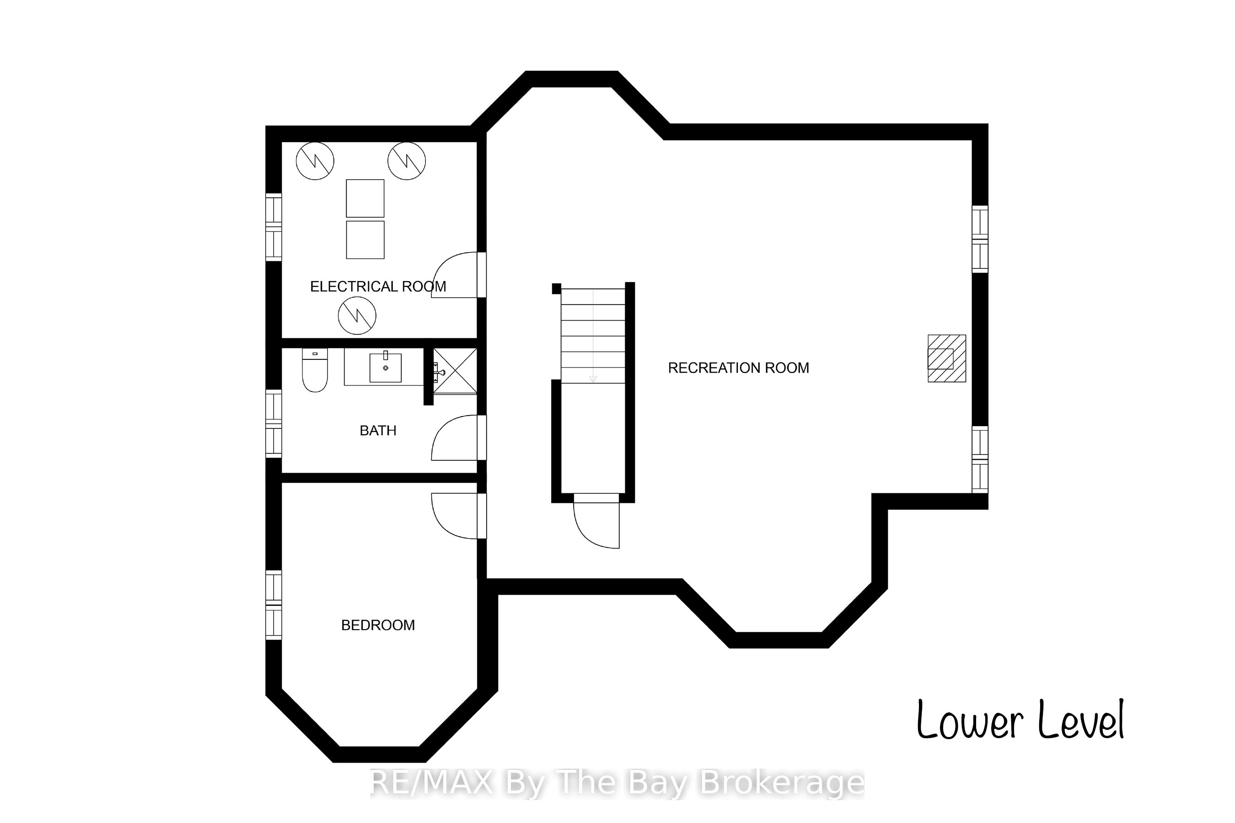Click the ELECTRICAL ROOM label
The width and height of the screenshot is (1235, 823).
[x=378, y=287]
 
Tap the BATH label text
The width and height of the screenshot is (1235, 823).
[x=378, y=431]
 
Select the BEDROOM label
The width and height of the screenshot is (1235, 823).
[x=378, y=625]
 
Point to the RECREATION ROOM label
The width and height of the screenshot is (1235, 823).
[x=738, y=368]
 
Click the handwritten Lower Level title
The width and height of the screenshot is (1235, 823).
[x=1020, y=720]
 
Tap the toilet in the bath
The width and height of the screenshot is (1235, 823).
[x=315, y=370]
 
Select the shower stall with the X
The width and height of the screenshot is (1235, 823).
[x=455, y=371]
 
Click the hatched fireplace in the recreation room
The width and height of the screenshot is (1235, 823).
[x=947, y=358]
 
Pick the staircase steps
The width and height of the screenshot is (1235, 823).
[x=593, y=336]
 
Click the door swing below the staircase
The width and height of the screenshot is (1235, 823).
[x=596, y=521]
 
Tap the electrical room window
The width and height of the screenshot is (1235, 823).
[x=274, y=227]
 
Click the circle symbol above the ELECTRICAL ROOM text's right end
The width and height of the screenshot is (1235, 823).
[x=407, y=160]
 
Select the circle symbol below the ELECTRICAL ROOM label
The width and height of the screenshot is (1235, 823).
[x=357, y=315]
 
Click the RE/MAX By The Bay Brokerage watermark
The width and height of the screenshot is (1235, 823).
[x=617, y=783]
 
